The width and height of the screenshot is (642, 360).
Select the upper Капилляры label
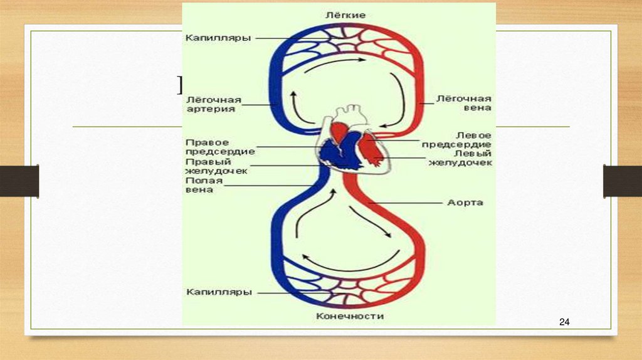[218, 38]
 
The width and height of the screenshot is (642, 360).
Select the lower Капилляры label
[219, 292]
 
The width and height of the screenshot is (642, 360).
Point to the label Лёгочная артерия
[211, 103]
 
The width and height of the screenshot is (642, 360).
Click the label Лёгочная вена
[463, 103]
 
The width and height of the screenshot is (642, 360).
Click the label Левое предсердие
[465, 139]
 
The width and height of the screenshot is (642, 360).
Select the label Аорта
[465, 203]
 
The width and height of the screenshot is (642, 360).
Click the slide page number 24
[564, 322]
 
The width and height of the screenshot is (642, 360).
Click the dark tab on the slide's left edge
[19, 181]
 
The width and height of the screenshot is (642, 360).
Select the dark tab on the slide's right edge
[622, 181]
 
